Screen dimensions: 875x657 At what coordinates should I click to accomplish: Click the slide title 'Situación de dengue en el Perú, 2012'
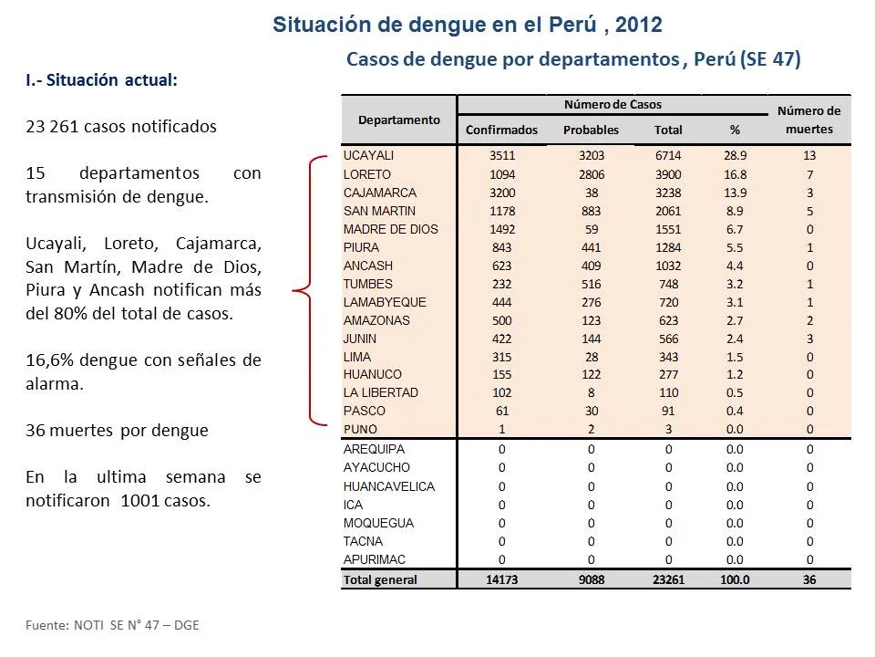[467, 26]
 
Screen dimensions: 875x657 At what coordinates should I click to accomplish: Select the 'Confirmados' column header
[501, 130]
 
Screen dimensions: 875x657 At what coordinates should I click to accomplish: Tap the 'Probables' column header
[591, 130]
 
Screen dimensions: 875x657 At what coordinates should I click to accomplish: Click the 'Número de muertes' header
[809, 120]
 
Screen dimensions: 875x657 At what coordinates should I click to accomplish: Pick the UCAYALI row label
[368, 155]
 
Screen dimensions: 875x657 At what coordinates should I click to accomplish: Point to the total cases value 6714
[668, 155]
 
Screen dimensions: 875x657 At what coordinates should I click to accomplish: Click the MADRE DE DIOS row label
[391, 229]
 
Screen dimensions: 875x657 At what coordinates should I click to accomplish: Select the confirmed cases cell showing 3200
[502, 193]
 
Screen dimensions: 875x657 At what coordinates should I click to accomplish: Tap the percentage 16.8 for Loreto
[735, 174]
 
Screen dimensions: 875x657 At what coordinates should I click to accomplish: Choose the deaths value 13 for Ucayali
[809, 155]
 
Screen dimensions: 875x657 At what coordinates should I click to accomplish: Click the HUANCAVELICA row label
[389, 486]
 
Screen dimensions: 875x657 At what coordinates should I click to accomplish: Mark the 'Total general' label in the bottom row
[380, 580]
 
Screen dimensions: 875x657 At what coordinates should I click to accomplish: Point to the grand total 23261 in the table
[668, 580]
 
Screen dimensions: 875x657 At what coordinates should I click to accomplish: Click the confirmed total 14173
[501, 580]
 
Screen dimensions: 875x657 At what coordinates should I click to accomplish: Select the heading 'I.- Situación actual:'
[101, 80]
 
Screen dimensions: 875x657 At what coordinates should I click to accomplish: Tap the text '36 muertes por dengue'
[118, 431]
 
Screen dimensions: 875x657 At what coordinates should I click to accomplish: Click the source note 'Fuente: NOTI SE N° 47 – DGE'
[112, 625]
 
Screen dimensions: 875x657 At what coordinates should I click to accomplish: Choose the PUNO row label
[360, 430]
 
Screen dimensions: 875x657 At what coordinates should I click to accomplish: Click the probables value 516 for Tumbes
[591, 284]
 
